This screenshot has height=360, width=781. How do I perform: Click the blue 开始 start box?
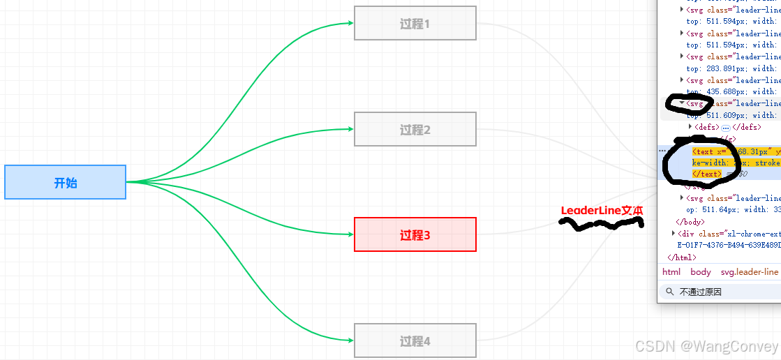pos(65,182)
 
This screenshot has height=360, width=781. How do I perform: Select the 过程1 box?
pos(415,24)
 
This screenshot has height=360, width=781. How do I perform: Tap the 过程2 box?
pos(415,130)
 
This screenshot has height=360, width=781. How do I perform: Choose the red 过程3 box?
pos(415,234)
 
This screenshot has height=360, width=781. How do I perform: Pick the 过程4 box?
pos(415,340)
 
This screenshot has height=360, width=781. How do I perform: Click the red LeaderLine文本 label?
pos(602,210)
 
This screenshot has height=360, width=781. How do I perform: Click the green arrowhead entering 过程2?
pos(350,129)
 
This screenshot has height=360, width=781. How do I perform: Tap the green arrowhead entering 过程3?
pos(350,234)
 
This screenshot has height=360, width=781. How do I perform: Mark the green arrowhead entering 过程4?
pos(350,340)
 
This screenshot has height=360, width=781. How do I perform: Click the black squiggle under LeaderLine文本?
pos(600,224)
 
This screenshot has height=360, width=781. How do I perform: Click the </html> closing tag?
pos(682,257)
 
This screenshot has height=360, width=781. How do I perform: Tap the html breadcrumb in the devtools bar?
pos(671,272)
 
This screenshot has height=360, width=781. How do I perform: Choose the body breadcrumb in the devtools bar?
pos(701,272)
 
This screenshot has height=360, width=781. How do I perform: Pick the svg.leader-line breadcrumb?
pos(750,272)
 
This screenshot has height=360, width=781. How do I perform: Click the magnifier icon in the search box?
pos(670,292)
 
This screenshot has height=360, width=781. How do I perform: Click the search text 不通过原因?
pos(701,292)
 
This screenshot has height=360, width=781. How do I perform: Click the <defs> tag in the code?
pos(707,127)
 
